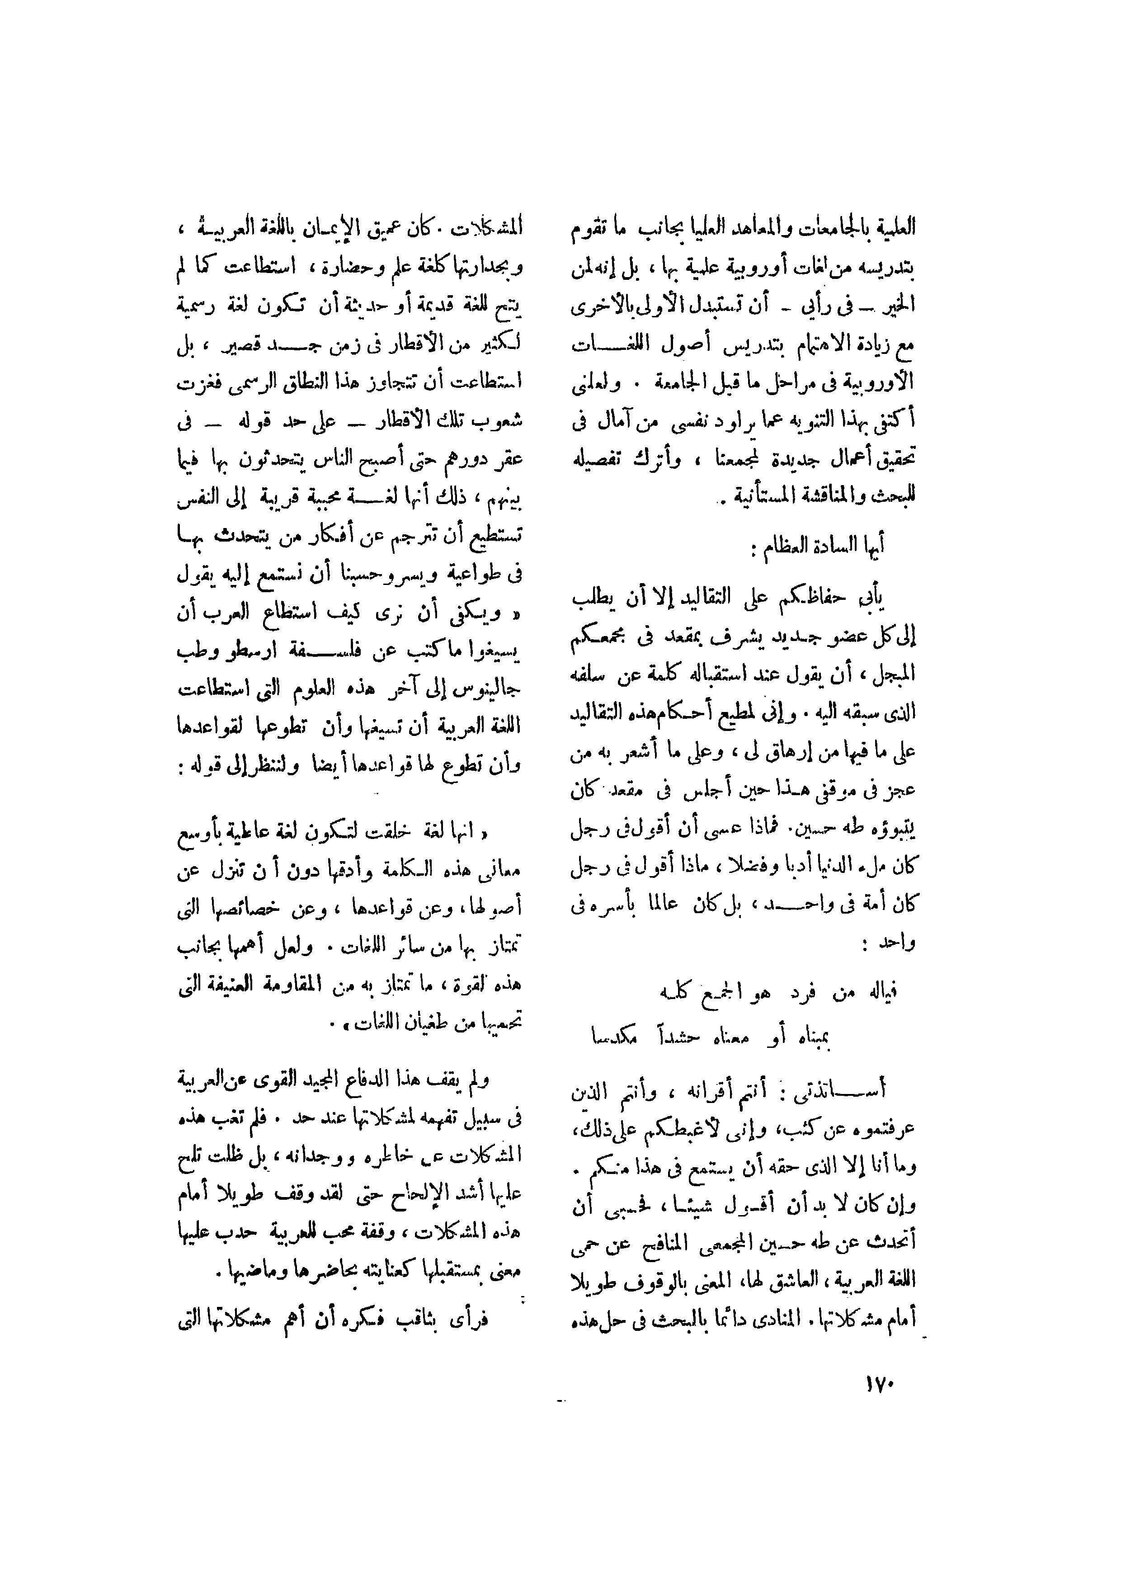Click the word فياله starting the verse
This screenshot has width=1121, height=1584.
click(x=882, y=993)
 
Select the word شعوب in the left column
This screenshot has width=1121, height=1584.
click(x=500, y=419)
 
